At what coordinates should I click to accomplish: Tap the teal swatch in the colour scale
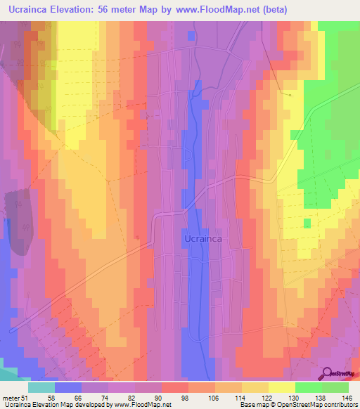tap(41, 387)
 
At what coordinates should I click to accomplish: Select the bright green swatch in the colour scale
tap(309, 387)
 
